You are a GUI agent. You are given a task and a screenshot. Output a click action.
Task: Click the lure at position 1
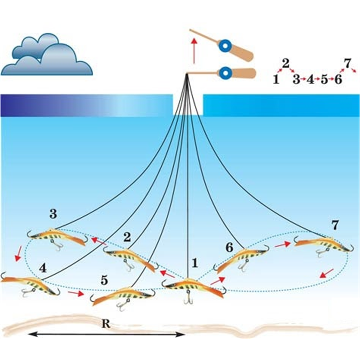tap(193, 287)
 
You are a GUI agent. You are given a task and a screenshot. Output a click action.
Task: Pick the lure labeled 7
tap(324, 244)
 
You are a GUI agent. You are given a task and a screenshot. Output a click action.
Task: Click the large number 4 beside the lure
tap(43, 268)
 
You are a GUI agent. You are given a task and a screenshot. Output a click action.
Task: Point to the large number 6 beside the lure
tap(229, 248)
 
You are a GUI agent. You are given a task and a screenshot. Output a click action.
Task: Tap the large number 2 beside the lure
tap(127, 237)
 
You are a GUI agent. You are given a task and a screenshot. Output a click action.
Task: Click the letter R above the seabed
tap(105, 324)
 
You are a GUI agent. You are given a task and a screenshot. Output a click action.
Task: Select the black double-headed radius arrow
tap(106, 334)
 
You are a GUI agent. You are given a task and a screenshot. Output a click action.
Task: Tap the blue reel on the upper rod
tap(225, 46)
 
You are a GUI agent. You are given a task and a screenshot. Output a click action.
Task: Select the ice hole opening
tap(188, 104)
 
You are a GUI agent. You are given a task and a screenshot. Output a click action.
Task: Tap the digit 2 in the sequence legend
tap(285, 63)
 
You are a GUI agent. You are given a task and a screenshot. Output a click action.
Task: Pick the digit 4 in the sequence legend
tap(310, 80)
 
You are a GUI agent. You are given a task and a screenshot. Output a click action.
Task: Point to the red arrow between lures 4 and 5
tap(75, 293)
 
